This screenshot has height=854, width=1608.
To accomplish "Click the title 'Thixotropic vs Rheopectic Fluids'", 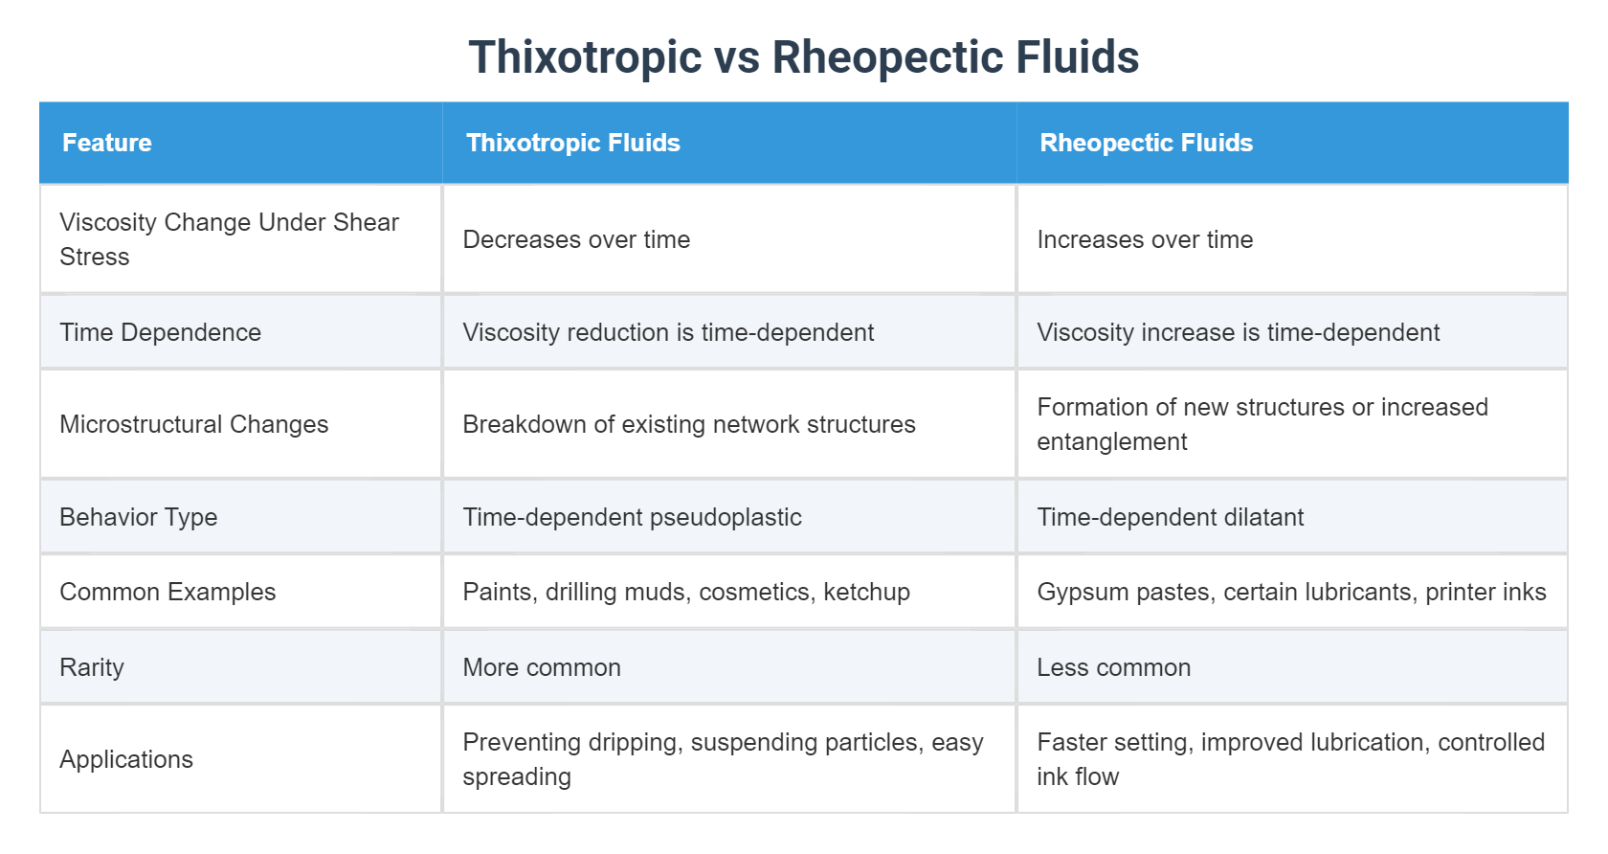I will [803, 57].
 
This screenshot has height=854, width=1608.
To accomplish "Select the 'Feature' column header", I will [107, 143].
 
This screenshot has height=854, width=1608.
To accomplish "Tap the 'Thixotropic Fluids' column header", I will [572, 143].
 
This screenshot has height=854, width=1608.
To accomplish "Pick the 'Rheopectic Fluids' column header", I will [1146, 143].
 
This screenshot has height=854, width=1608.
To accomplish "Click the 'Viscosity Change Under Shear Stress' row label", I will [229, 239].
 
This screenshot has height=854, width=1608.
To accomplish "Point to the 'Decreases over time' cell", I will [576, 239].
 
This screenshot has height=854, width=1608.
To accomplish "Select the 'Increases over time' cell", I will [1145, 239].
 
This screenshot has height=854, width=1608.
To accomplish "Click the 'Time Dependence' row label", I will [160, 332].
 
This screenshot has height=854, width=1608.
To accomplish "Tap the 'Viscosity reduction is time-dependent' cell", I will [668, 332].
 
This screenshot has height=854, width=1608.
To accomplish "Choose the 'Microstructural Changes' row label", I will [193, 424].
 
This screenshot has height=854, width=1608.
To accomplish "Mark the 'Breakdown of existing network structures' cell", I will [688, 424].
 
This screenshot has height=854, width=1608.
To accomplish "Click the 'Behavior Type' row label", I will [139, 517].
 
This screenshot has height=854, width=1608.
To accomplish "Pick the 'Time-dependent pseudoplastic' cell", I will [632, 517].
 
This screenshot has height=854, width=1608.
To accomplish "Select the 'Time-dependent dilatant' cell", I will [1170, 517].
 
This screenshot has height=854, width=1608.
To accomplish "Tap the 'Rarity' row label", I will [92, 667].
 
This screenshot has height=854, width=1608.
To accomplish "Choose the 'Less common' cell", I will [1113, 667].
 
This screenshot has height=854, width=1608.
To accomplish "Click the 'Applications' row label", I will [126, 759].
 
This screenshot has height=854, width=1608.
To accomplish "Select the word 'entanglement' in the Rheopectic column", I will [1111, 441].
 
